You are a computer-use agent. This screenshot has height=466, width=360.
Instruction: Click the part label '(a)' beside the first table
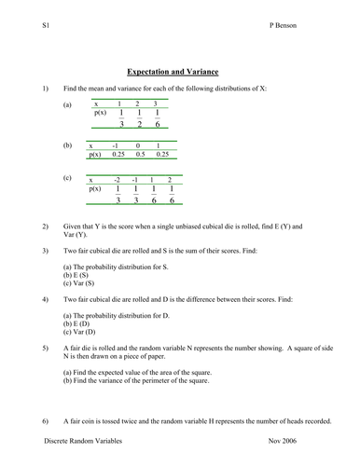click(67, 105)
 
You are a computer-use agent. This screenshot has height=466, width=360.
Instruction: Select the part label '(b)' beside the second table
click(67, 146)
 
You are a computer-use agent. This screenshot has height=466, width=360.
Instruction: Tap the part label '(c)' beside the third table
click(67, 177)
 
